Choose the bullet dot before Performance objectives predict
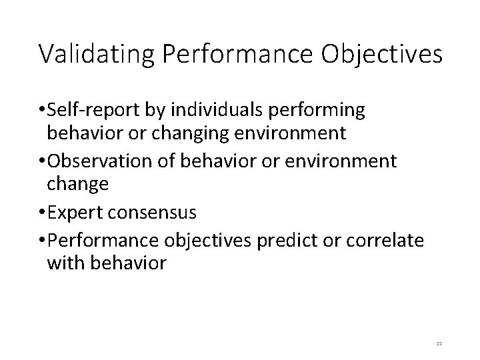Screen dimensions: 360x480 (x=43, y=239)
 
